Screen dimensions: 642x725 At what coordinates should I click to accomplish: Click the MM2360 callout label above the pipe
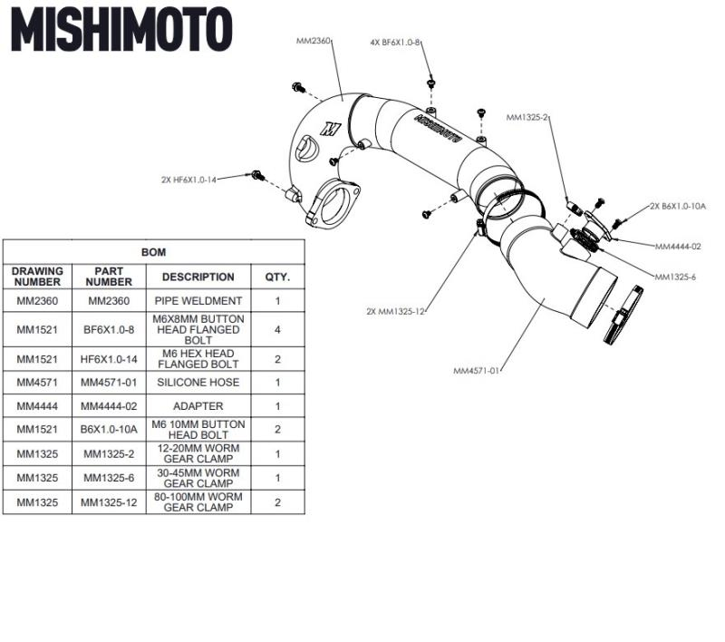[x=314, y=41]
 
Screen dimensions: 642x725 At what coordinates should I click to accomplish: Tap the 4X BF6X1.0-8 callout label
[x=395, y=43]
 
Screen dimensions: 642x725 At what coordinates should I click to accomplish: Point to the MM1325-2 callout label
[x=527, y=117]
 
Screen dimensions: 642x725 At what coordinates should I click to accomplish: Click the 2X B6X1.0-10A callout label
[x=677, y=207]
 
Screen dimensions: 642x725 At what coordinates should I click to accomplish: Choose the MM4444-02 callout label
[x=677, y=246]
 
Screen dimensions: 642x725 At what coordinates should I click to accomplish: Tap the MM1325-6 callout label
[x=674, y=277]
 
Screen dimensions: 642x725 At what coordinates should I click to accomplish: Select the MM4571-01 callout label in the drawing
[x=477, y=370]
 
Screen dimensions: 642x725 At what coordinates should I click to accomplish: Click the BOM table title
[x=153, y=252]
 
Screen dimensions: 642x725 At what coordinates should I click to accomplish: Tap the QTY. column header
[x=276, y=277]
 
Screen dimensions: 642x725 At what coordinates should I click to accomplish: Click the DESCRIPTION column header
[x=198, y=277]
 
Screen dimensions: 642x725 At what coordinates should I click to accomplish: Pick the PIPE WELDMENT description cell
[x=198, y=300]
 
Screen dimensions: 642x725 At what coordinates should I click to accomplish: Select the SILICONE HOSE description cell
[x=198, y=384]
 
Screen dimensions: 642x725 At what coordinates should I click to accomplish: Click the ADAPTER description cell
[x=198, y=406]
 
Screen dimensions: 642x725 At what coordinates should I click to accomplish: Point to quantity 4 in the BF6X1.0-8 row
[x=276, y=329]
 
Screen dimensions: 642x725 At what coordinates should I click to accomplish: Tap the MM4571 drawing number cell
[x=37, y=384]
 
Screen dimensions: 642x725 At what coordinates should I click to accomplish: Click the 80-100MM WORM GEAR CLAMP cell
[x=198, y=502]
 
